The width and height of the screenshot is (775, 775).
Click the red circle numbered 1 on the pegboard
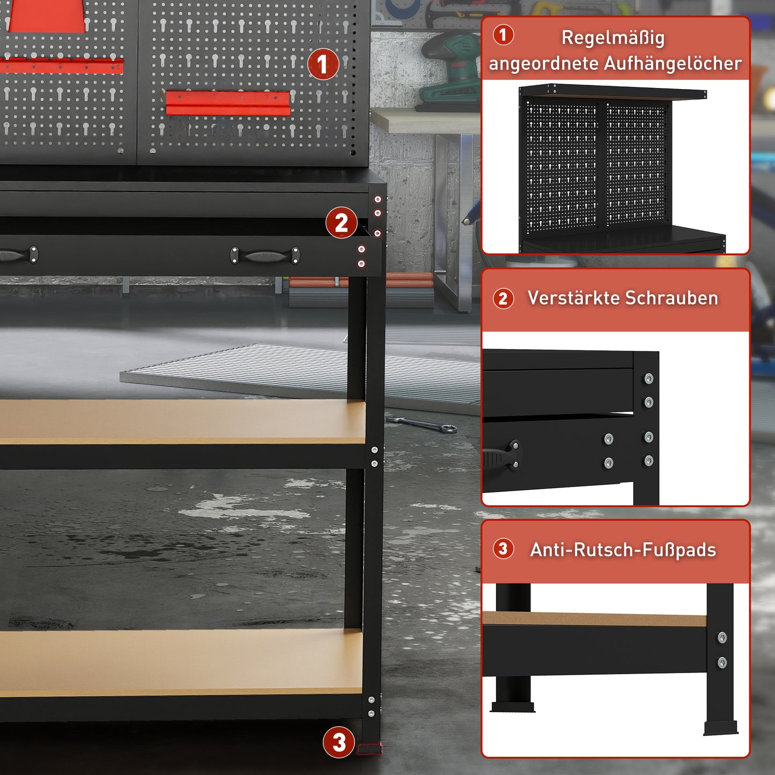(x=323, y=65)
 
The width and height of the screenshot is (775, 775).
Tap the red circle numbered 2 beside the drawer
(x=342, y=223)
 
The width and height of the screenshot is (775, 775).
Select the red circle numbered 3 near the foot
(x=339, y=743)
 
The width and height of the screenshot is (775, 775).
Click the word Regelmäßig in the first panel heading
(x=613, y=38)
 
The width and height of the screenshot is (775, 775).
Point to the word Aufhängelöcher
(x=673, y=64)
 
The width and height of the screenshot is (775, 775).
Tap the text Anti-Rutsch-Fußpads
(x=623, y=550)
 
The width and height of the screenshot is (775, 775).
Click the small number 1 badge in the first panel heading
(x=503, y=35)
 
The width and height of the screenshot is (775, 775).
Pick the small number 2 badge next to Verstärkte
(x=503, y=299)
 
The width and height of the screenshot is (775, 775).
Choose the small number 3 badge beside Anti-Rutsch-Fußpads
(x=503, y=549)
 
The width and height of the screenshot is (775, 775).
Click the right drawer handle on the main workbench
(x=265, y=256)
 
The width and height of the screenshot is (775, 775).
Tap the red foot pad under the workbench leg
(x=370, y=749)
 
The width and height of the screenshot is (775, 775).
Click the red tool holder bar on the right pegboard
(x=228, y=102)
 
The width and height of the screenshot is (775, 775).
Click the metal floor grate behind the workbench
(x=300, y=370)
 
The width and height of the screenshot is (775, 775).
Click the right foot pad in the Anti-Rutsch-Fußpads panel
(x=721, y=728)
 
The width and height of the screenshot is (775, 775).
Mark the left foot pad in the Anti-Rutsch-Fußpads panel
(x=513, y=707)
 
